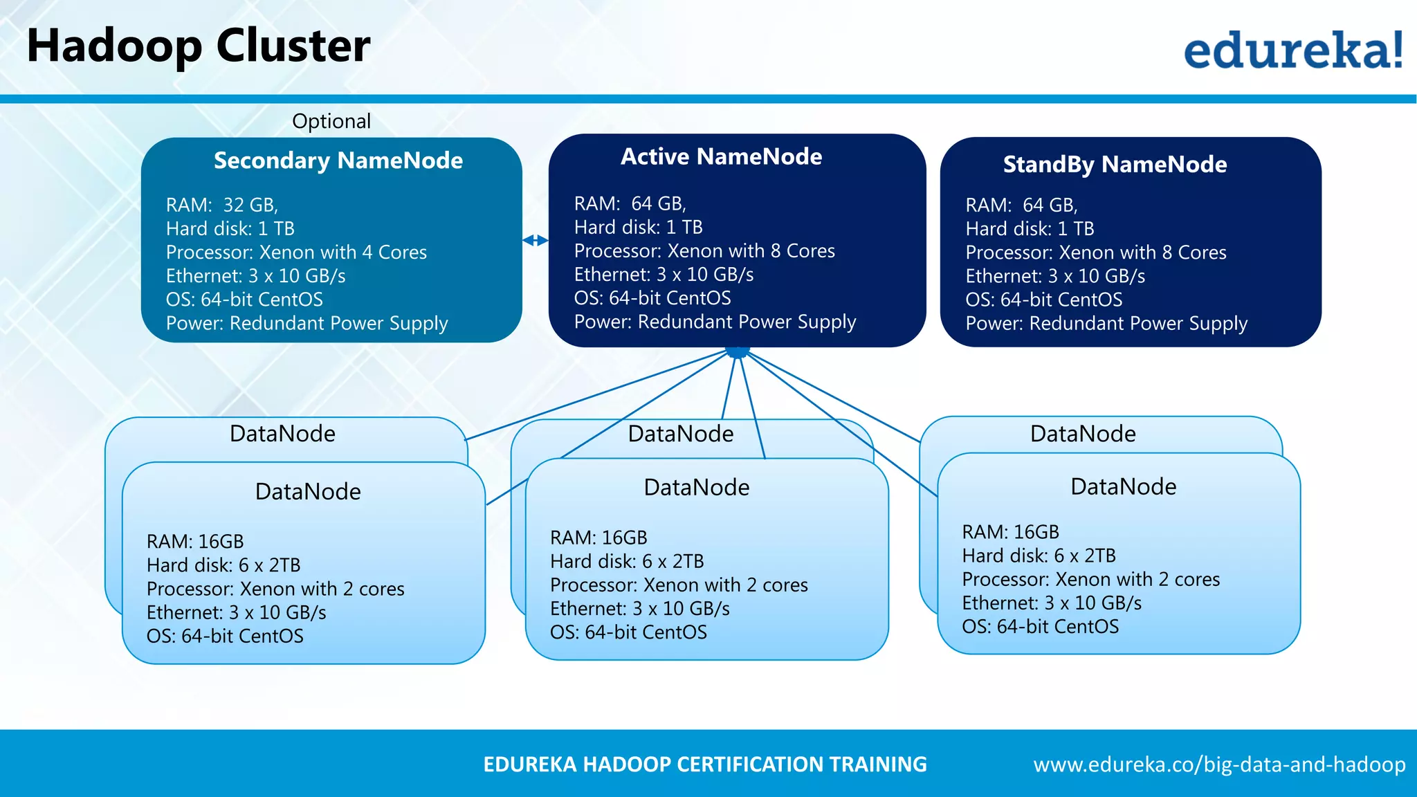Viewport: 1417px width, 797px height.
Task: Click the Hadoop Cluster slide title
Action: pos(199,46)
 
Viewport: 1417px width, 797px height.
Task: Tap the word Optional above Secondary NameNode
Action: pos(331,121)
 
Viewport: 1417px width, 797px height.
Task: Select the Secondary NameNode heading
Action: pos(338,161)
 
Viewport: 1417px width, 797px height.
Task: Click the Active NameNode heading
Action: pos(721,157)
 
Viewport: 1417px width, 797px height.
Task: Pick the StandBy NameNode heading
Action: pos(1115,165)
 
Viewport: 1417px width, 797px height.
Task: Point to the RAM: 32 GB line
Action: pos(222,205)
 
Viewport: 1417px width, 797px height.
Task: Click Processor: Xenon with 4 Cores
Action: pos(296,253)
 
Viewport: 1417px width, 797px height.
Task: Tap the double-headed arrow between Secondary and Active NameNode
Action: pos(536,241)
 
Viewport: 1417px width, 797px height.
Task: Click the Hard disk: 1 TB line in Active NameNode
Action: pos(638,228)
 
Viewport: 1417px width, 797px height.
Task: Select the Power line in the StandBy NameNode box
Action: pos(1106,324)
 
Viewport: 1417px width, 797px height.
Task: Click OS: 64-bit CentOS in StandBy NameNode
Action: pos(1043,300)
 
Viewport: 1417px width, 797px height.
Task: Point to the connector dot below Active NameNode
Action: pos(738,352)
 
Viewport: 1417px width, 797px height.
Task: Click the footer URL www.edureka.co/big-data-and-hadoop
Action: pos(1219,764)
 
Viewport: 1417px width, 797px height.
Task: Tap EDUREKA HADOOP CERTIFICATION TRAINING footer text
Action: pos(704,764)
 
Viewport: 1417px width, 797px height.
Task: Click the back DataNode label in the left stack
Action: pos(282,434)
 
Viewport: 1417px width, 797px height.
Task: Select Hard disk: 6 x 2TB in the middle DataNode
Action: pos(627,561)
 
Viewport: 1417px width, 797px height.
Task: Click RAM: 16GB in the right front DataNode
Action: pos(1010,532)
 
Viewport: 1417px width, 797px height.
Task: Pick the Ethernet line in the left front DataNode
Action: pos(236,613)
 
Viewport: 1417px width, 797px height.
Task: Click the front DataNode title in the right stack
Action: pos(1123,487)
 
